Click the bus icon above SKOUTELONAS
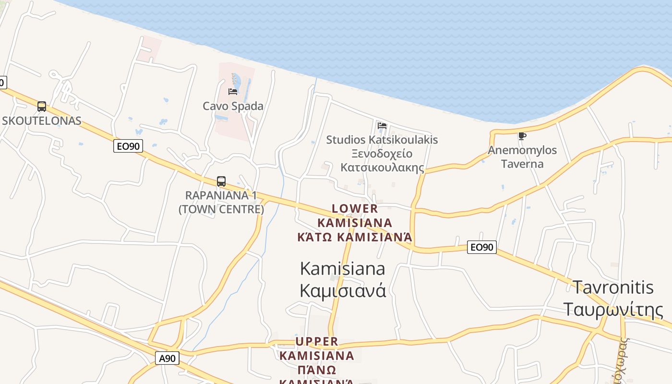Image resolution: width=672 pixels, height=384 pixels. [x=42, y=107]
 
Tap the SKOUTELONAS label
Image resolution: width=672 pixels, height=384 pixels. [x=42, y=120]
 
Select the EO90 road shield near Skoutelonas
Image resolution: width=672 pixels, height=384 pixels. [x=128, y=146]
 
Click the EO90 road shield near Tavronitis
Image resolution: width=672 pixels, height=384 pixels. [x=481, y=247]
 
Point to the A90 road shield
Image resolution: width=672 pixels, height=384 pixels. [x=167, y=358]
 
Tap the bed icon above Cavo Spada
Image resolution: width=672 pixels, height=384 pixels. [x=233, y=91]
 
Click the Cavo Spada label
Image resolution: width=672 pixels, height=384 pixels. [x=233, y=106]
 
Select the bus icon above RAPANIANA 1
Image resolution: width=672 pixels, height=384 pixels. [x=221, y=181]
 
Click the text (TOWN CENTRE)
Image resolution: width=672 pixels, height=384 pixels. [x=221, y=209]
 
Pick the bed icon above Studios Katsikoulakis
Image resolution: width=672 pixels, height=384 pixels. [x=382, y=125]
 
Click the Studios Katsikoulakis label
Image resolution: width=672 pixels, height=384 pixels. [x=382, y=140]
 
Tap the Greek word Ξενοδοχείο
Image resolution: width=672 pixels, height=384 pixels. [x=382, y=154]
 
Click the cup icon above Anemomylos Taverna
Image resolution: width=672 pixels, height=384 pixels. [x=522, y=136]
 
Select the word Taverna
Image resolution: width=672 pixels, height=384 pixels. [x=522, y=164]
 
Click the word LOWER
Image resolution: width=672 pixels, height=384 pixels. [x=355, y=209]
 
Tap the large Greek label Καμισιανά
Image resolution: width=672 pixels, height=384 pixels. [x=343, y=290]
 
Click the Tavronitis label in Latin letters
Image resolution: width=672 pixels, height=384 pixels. [x=613, y=287]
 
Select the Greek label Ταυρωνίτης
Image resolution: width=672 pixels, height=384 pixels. [x=613, y=310]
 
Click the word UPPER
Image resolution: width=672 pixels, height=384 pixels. [x=317, y=341]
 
